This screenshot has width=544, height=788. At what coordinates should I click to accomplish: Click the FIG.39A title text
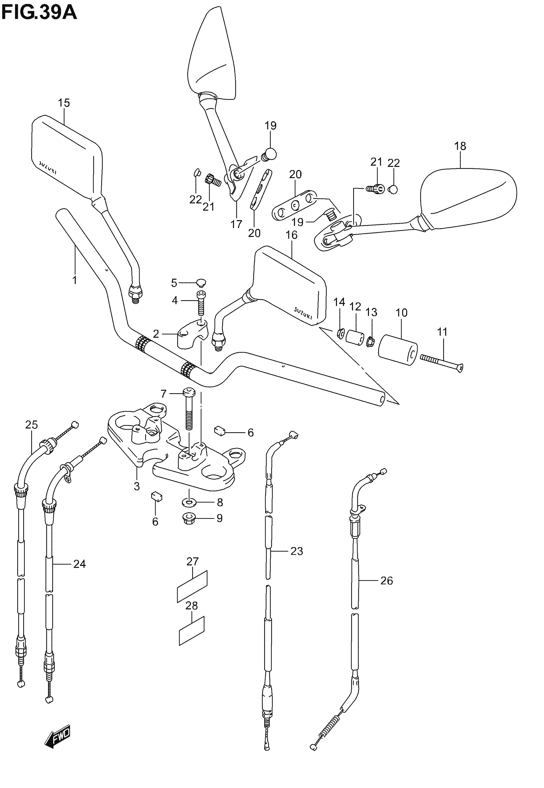[39, 13]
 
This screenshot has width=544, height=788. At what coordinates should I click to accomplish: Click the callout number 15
[64, 103]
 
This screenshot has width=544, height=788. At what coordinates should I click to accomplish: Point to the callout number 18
[460, 146]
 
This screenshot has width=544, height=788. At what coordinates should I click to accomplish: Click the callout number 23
[297, 551]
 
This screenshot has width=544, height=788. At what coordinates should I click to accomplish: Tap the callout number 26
[387, 580]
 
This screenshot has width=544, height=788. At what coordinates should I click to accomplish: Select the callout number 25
[31, 425]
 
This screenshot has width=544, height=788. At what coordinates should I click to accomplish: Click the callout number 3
[137, 486]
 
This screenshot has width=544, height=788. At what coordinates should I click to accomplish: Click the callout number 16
[292, 235]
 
